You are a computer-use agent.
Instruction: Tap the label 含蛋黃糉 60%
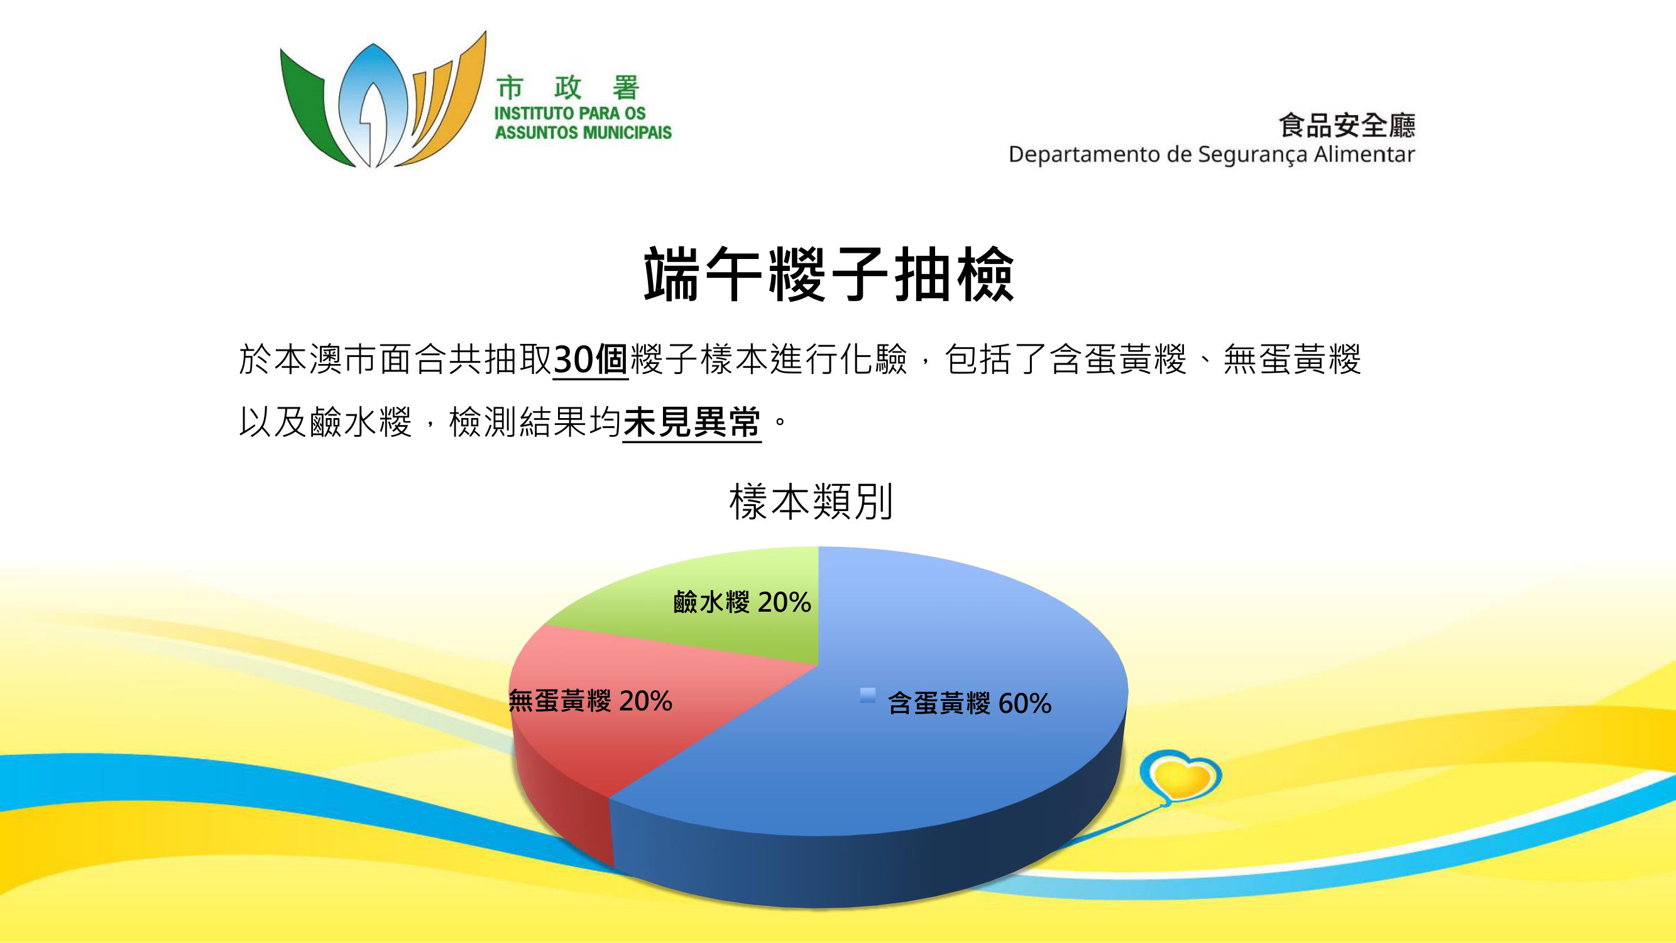pos(970,703)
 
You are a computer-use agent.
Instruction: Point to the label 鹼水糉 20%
pos(742,602)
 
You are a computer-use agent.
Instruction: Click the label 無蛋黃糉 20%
pos(590,701)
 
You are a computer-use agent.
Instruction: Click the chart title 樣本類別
pos(811,502)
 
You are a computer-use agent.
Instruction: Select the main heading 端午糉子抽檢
pos(829,274)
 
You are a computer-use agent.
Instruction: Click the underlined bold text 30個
pos(590,360)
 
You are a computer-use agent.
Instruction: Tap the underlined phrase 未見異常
pos(693,423)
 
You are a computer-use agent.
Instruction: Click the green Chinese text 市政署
pos(568,89)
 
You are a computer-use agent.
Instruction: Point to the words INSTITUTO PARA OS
pos(570,113)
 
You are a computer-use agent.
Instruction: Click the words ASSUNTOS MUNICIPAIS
pos(583,133)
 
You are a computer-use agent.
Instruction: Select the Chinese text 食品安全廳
pos(1347,125)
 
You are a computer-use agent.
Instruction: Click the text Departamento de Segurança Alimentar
pos(1212,155)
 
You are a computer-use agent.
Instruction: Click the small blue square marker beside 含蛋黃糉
pos(867,696)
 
